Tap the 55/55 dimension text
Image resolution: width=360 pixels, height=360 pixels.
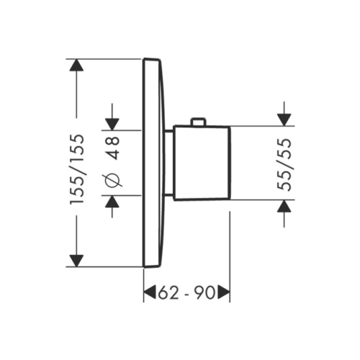[286, 163]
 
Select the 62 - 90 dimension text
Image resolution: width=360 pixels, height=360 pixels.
[186, 292]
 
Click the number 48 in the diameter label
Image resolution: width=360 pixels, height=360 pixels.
[113, 148]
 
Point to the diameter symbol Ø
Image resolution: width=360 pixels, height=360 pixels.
[113, 181]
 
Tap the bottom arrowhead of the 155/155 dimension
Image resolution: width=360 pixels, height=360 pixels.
[77, 260]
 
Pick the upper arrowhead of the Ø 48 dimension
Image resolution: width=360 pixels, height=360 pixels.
[113, 123]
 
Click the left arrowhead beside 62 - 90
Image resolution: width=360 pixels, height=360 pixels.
[150, 292]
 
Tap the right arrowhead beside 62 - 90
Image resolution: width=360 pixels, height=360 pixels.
[224, 292]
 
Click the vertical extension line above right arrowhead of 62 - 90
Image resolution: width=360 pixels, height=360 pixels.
[229, 245]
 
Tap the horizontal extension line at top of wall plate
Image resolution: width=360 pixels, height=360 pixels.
[108, 58]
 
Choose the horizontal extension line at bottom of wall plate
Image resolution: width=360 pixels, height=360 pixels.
[108, 266]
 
